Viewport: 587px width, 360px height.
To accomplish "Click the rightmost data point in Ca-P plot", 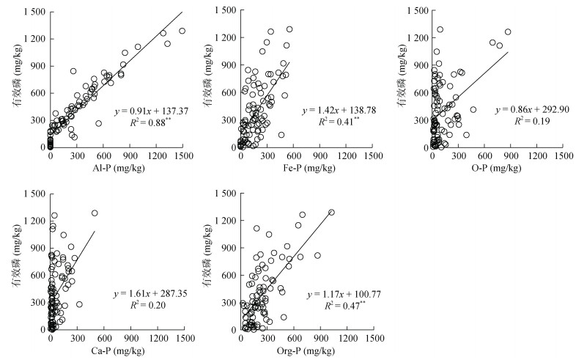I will [95, 213].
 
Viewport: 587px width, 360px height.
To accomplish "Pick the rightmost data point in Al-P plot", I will [182, 31].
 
